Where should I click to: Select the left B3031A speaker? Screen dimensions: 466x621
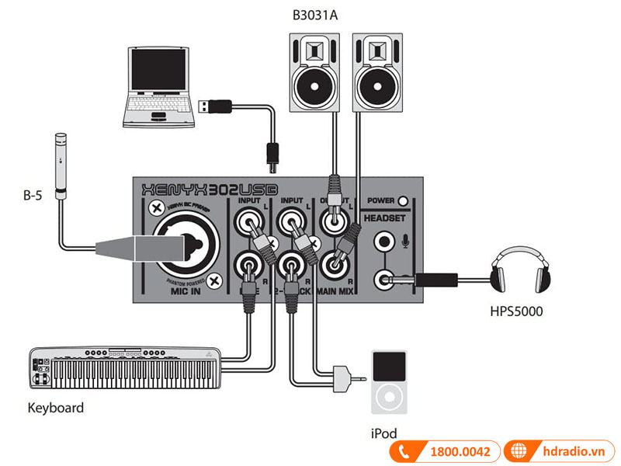pos(314,73)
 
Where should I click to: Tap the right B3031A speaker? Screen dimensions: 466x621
pos(379,73)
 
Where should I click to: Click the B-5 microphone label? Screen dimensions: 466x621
pos(33,196)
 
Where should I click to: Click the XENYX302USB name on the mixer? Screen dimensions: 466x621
pos(205,189)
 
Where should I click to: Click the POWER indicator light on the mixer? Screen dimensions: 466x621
pos(403,200)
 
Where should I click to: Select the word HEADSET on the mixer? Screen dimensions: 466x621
pos(386,219)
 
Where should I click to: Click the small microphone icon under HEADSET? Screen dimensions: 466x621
pos(404,242)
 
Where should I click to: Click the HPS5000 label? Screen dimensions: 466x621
pos(517,312)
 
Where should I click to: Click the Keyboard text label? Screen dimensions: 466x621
pos(55,407)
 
